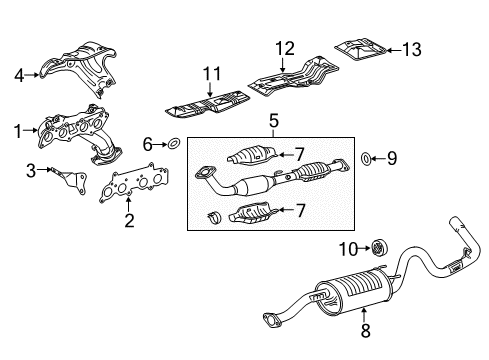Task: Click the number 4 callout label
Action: tap(19, 75)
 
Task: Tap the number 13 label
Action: tap(412, 50)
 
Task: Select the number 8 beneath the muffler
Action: tap(366, 331)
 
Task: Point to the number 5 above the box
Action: tap(274, 121)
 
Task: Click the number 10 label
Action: tap(348, 249)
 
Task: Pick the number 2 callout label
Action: tap(129, 220)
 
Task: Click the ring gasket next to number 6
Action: tap(173, 144)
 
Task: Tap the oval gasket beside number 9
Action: tap(366, 158)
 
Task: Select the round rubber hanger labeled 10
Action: tap(379, 248)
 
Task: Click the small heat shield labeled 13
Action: tap(361, 50)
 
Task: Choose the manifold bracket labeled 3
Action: tap(70, 181)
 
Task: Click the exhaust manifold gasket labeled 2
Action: tap(134, 184)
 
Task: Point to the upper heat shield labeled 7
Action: tap(253, 156)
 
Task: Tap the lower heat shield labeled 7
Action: tap(253, 213)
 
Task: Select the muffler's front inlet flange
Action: tap(272, 319)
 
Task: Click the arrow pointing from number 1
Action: tap(31, 130)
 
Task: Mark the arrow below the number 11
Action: tap(209, 90)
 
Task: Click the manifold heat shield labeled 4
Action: tap(79, 68)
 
